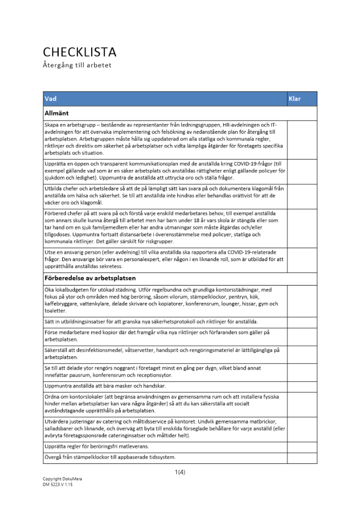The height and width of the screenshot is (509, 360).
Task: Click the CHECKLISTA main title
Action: pyautogui.click(x=79, y=52)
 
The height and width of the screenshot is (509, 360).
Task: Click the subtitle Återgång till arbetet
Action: pyautogui.click(x=77, y=66)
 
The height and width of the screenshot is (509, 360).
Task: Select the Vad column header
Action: pyautogui.click(x=50, y=99)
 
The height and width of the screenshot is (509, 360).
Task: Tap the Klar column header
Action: pyautogui.click(x=295, y=99)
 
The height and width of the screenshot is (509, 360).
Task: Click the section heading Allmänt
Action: pyautogui.click(x=56, y=113)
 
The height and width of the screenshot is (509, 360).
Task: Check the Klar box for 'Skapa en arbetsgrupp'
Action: pyautogui.click(x=302, y=139)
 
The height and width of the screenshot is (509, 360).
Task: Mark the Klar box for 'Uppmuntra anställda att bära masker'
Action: pyautogui.click(x=302, y=385)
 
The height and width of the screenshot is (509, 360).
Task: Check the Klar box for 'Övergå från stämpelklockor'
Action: pyautogui.click(x=302, y=458)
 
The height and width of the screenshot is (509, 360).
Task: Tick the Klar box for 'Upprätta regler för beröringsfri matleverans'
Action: pyautogui.click(x=302, y=446)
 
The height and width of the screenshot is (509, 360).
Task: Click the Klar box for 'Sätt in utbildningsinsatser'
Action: pyautogui.click(x=302, y=322)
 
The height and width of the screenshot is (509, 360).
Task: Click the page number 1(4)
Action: pyautogui.click(x=180, y=472)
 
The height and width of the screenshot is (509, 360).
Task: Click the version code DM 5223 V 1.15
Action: pyautogui.click(x=59, y=485)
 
